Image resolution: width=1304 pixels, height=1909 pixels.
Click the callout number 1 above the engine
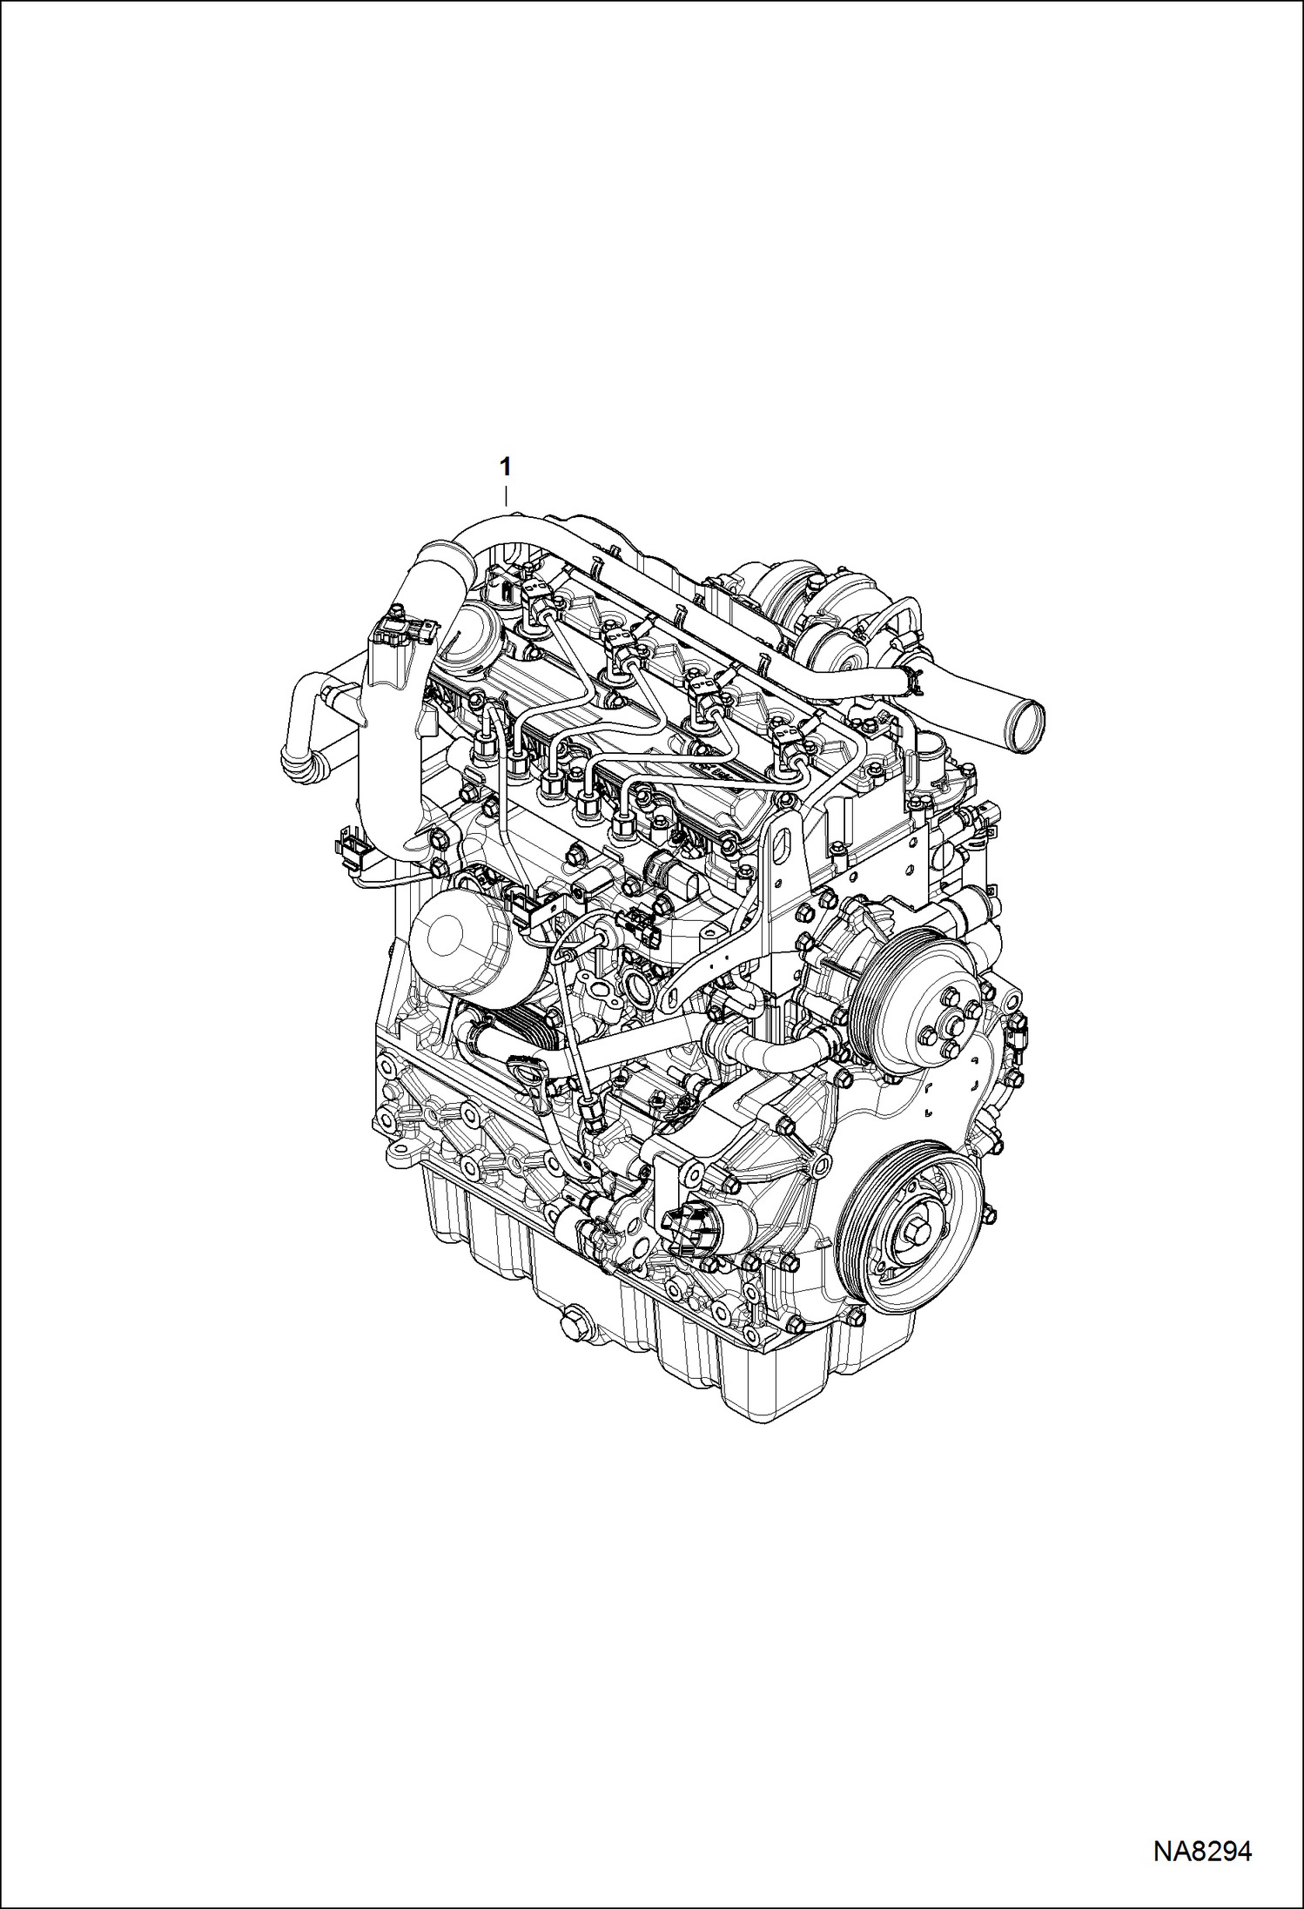[x=505, y=467]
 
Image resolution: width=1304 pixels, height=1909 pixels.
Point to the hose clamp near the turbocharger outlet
[x=910, y=680]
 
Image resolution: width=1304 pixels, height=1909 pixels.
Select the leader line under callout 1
[x=506, y=497]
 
